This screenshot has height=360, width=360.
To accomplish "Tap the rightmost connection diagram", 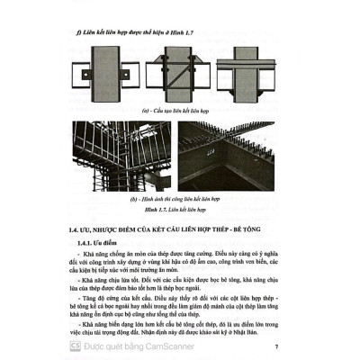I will point(252,75).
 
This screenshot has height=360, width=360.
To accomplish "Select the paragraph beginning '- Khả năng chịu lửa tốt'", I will point(180,285).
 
